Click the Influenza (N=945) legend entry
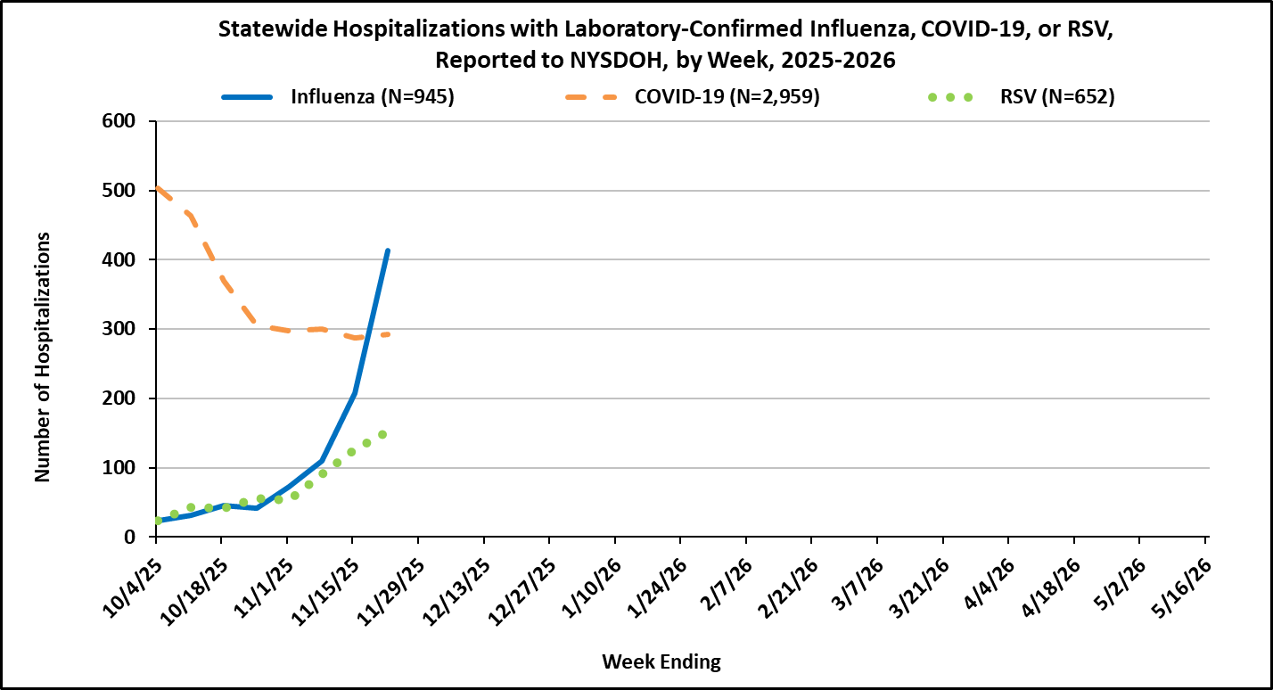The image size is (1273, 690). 372,97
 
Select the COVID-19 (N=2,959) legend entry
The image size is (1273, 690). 727,97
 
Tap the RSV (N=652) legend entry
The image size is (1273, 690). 1056,97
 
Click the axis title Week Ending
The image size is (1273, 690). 661,661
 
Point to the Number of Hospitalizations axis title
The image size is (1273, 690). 42,357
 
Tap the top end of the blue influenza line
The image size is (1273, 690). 388,251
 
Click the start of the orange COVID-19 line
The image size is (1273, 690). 158,188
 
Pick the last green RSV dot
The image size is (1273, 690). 382,435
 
